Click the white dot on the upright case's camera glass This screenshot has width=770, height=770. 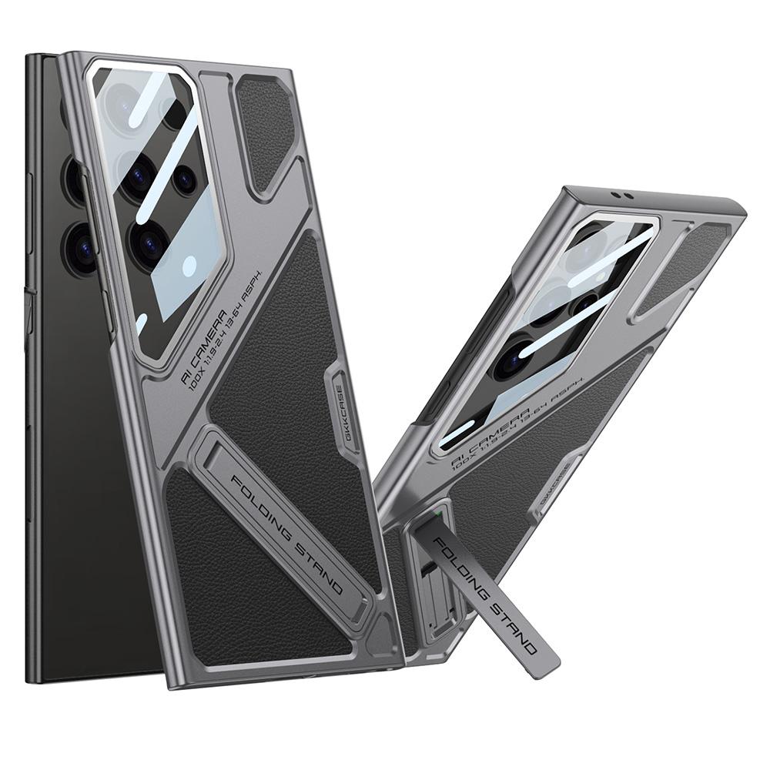(189, 266)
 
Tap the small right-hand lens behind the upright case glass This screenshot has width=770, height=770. (184, 179)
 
